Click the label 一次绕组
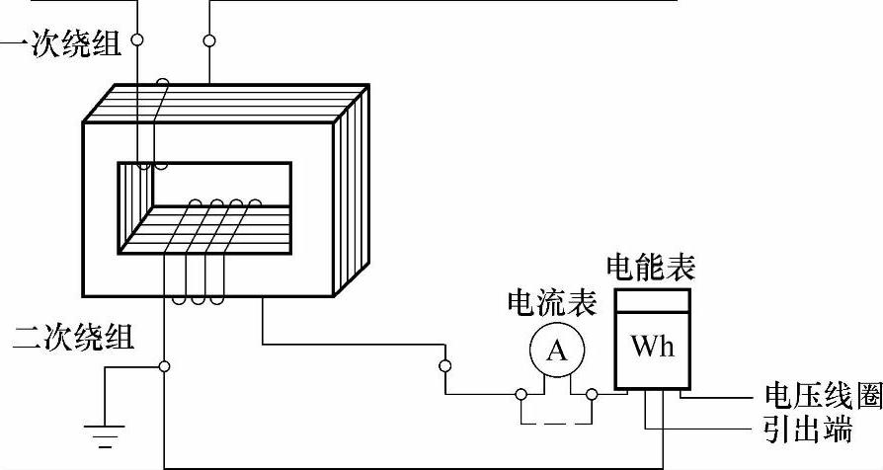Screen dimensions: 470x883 (x=61, y=44)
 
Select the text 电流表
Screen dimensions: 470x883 (x=551, y=303)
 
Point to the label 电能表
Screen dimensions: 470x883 (x=650, y=267)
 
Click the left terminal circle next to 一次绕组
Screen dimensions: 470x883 (x=137, y=40)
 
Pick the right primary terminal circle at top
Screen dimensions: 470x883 (x=209, y=40)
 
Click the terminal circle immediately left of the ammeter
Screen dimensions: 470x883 (x=520, y=395)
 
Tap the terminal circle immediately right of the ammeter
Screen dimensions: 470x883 (x=592, y=395)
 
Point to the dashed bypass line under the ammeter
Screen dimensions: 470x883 (x=556, y=424)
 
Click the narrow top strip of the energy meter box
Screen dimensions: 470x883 (x=651, y=298)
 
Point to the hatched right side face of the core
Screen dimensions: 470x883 (x=353, y=188)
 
